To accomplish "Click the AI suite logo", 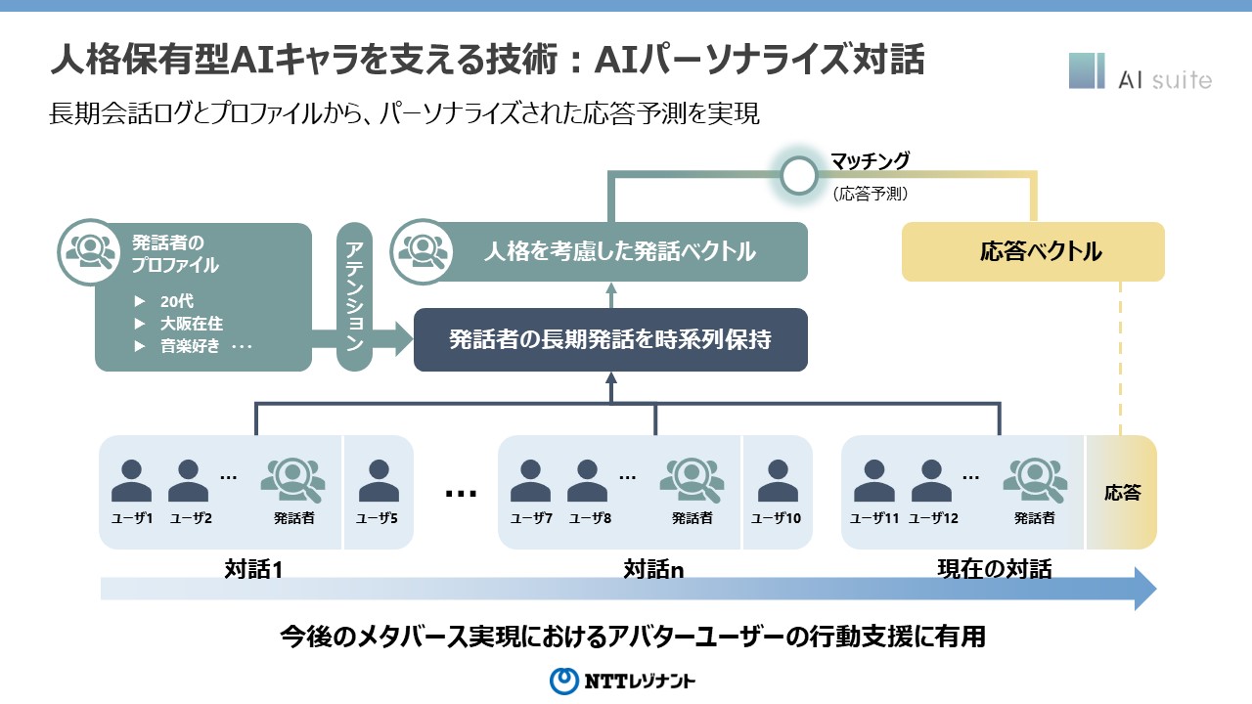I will (1140, 73).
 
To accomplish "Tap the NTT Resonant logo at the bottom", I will (622, 681).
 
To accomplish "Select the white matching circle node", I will (798, 175).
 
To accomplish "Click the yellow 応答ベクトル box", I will (1033, 252).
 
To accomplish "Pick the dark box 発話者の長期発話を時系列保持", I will (610, 340).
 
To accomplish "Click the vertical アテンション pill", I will (354, 297).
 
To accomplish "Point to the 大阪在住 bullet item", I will (192, 324).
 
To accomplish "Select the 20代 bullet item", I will (177, 301).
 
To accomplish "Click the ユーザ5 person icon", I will (379, 480).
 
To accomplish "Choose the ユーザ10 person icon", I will (777, 480).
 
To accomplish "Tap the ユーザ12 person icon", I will (930, 480).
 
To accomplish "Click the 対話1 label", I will (253, 568).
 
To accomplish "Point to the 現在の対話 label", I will (994, 568).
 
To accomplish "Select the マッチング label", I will (870, 161).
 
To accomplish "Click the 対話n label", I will (653, 568).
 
